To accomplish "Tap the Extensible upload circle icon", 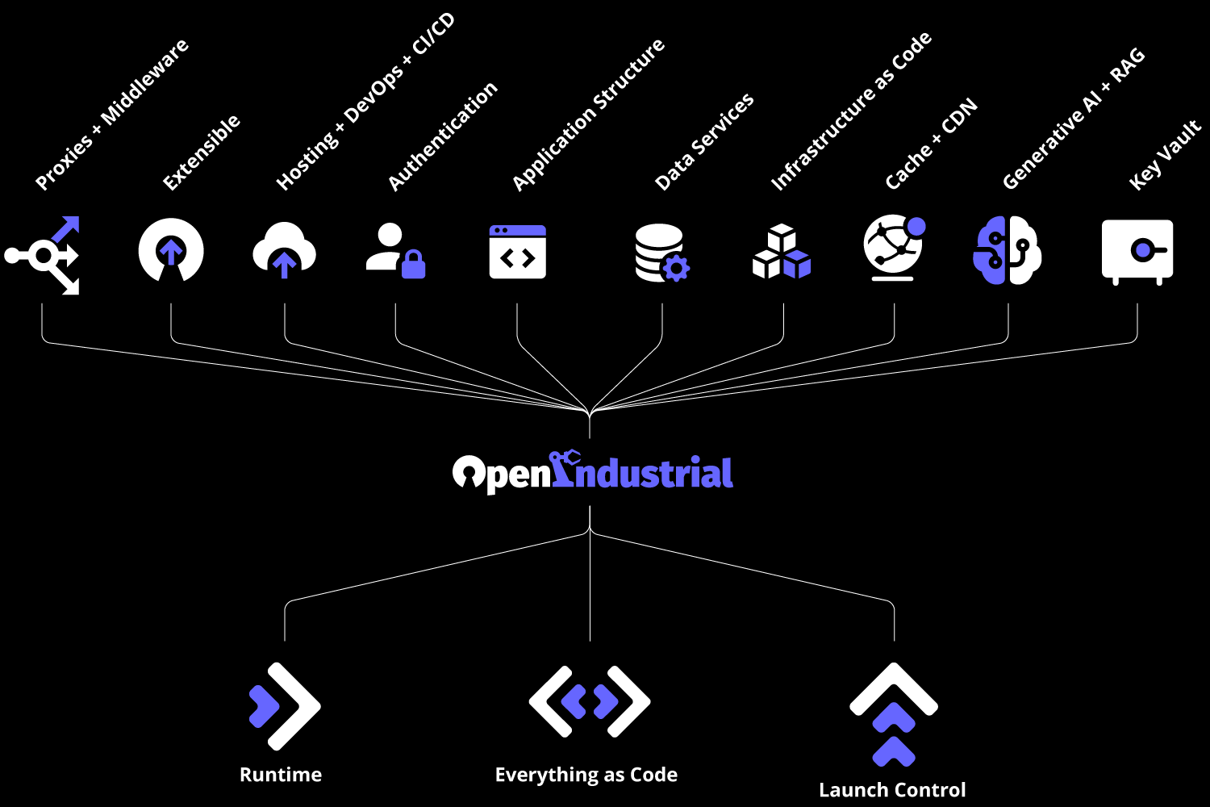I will point(171,251).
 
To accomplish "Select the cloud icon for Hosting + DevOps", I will point(284,251).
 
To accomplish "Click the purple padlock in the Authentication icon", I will point(413,264).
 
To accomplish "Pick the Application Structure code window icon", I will point(518,252).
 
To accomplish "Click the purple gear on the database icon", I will point(676,268).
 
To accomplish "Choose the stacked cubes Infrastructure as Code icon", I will point(782,253).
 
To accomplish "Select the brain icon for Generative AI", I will point(1008,250).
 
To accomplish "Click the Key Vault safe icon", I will point(1137,251).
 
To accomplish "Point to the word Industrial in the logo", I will point(644,472).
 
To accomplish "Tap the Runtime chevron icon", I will point(284,706).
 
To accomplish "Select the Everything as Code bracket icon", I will point(590,701).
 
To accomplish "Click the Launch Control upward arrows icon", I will point(894,713).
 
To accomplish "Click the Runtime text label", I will point(281,775).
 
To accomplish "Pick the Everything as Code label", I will point(586,775).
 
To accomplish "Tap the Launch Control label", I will point(892,790).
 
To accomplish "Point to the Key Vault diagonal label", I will point(1165,155).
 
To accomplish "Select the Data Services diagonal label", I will point(704,141).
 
